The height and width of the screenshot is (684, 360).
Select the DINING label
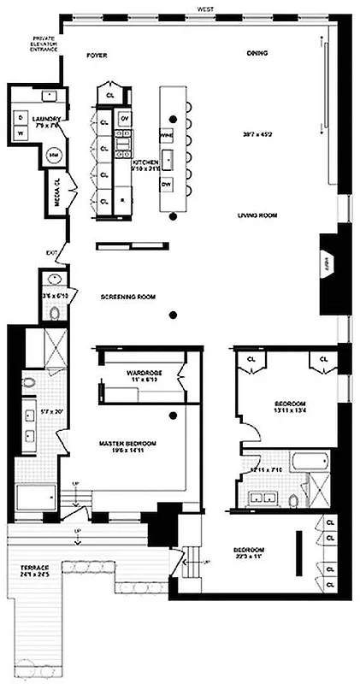point(257,54)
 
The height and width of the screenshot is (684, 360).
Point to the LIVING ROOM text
point(257,215)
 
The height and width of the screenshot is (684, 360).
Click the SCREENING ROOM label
point(128,298)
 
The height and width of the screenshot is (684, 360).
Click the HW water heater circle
point(53,155)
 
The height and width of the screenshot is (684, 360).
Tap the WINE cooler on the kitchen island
point(167,135)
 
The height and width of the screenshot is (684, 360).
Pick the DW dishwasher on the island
point(168,185)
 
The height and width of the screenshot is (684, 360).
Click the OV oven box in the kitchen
point(125,117)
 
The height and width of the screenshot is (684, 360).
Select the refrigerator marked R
point(123,201)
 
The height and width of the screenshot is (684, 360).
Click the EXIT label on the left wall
point(50,253)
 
